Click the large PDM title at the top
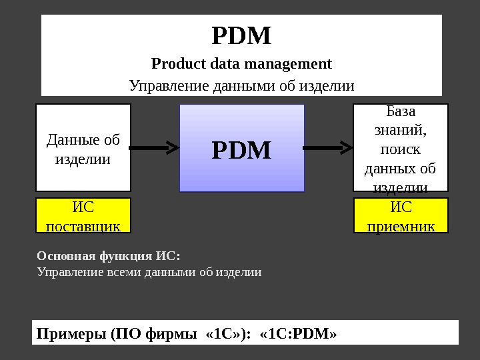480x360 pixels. pyautogui.click(x=241, y=36)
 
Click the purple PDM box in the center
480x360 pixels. pyautogui.click(x=242, y=148)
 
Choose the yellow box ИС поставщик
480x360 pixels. pyautogui.click(x=83, y=215)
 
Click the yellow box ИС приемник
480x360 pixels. pyautogui.click(x=401, y=215)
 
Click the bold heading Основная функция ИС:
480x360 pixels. pyautogui.click(x=109, y=256)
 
